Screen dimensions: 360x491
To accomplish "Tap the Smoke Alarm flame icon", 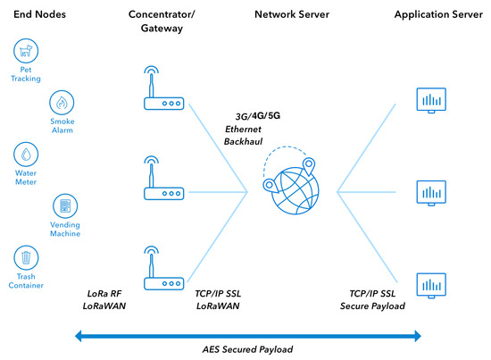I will (62, 102).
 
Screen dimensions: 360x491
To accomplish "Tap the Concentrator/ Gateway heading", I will (162, 22).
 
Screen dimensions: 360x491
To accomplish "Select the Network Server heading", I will (291, 15).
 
